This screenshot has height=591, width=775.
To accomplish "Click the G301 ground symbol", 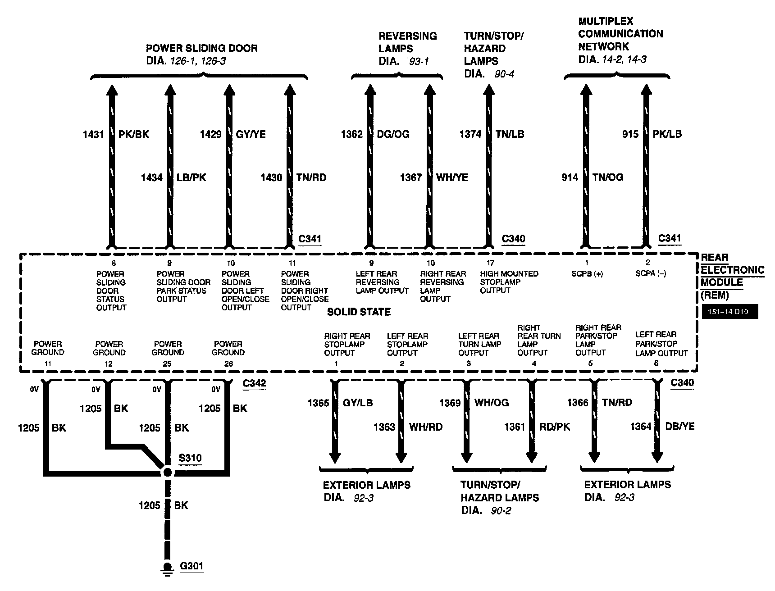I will point(168,569).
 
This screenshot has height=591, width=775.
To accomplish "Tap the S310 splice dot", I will point(167,472).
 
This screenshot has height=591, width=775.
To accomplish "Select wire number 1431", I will point(93,134).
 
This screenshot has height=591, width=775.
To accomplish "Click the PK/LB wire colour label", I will point(667,134).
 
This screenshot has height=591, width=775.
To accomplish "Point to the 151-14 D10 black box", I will point(730,312).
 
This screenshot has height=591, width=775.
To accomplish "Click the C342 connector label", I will point(254,384).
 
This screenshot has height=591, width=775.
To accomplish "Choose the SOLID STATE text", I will point(359,312).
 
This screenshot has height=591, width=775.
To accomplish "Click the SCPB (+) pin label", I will point(587,273).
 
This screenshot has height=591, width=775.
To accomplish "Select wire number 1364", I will point(641,426).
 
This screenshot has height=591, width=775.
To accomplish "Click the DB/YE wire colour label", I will point(680,426).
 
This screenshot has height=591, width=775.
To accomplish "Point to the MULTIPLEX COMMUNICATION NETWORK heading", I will point(620,34).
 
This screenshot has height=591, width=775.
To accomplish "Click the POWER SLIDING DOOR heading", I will point(202,49).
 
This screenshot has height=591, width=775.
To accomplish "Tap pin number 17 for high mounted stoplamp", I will point(490,263).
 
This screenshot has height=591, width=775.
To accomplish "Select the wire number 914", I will point(570,177).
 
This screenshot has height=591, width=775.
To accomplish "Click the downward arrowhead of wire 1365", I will point(335,457).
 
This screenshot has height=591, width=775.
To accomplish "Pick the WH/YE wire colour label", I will point(452,177).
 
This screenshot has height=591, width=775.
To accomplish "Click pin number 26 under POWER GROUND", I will point(228,364).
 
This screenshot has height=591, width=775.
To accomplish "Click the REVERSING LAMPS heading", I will point(408,42).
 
